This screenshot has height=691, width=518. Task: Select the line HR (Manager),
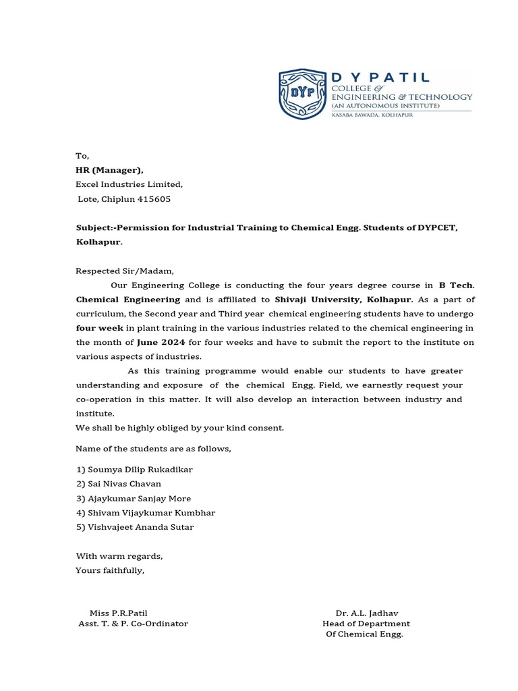point(109,170)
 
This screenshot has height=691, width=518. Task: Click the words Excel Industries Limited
point(128,184)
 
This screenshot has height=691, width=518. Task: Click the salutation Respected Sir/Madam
point(124,271)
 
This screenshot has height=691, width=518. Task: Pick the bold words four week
point(98,328)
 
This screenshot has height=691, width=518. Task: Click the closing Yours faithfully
point(109,571)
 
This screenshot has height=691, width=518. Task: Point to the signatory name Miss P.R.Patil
point(118,613)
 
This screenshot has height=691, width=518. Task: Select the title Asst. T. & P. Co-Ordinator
point(133,624)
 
